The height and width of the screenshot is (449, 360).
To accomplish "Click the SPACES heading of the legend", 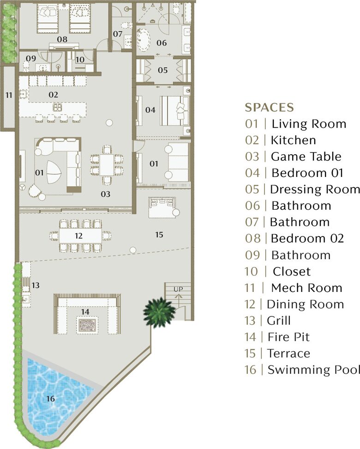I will pyautogui.click(x=269, y=108).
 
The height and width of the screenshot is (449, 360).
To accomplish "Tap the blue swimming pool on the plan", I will pyautogui.click(x=53, y=393).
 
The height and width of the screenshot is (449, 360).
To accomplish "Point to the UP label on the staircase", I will pyautogui.click(x=179, y=289).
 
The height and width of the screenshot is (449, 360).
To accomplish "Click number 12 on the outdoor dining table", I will pyautogui.click(x=78, y=235).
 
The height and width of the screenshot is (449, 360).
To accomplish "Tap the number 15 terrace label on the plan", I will pyautogui.click(x=159, y=235).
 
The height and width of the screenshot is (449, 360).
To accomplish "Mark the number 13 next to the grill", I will pyautogui.click(x=36, y=285).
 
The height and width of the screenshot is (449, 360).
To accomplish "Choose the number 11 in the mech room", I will pyautogui.click(x=9, y=95).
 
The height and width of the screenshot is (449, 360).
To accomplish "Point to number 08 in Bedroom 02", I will pyautogui.click(x=62, y=40).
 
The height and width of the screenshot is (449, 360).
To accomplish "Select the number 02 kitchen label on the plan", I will pyautogui.click(x=53, y=95).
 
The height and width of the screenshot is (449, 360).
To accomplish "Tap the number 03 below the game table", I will pyautogui.click(x=106, y=194).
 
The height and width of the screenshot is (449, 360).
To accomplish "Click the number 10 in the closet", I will pyautogui.click(x=79, y=59).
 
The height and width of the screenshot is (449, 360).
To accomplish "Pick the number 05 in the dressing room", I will pyautogui.click(x=163, y=71).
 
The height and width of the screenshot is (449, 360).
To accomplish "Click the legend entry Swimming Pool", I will pyautogui.click(x=313, y=370).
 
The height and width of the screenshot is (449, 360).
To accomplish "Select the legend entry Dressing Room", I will pyautogui.click(x=314, y=189).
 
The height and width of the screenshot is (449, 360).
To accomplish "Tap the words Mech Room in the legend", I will pyautogui.click(x=306, y=288).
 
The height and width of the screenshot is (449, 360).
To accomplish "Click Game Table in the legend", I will pyautogui.click(x=306, y=157).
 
